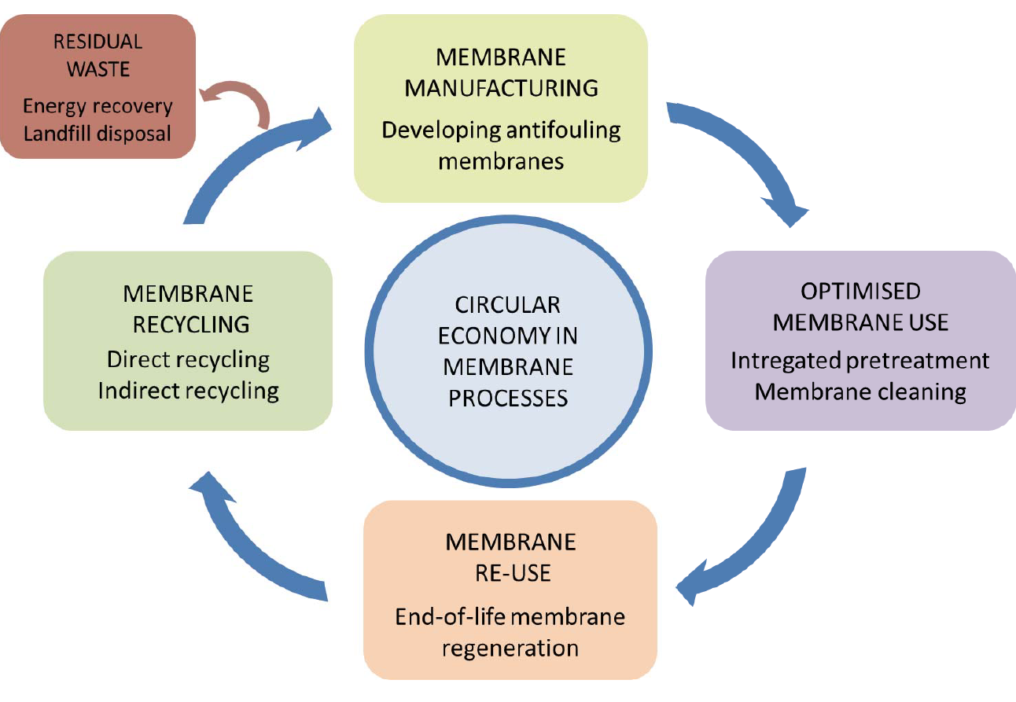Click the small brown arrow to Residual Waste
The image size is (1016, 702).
[x=236, y=98]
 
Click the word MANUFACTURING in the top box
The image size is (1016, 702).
[x=501, y=87]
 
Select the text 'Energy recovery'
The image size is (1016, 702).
[x=98, y=106]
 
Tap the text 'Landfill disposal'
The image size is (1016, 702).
[x=98, y=133]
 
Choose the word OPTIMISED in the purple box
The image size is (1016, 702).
[x=860, y=291]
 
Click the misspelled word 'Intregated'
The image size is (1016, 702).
[x=787, y=360]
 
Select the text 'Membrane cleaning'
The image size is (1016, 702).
[x=860, y=391]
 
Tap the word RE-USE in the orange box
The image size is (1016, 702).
[x=510, y=572]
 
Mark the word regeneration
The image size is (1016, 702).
[x=510, y=648]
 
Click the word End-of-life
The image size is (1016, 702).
[x=451, y=616]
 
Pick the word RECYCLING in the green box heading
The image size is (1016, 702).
[x=189, y=324]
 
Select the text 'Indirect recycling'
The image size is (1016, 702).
[x=189, y=391]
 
